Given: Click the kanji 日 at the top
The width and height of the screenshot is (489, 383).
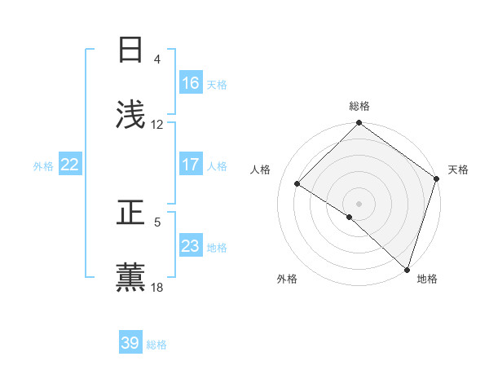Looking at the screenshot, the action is click(131, 51).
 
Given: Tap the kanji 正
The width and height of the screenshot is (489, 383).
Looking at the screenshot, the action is click(131, 214).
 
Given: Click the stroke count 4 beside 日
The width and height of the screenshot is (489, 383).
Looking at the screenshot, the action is click(157, 59).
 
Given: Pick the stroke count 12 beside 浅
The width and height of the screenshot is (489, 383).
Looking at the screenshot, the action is click(157, 125).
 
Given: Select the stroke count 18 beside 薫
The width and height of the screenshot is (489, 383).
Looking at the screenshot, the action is click(157, 287).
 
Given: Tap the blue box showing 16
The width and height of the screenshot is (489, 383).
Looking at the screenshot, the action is click(191, 83).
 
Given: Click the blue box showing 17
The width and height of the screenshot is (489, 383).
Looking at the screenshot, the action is click(191, 165).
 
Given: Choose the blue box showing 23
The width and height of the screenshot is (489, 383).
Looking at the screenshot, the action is click(191, 246).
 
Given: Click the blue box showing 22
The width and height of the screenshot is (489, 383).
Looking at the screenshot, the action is click(70, 165).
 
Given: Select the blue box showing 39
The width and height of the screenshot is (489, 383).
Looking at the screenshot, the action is click(130, 343).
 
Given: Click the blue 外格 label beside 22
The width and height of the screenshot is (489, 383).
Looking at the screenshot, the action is click(43, 165).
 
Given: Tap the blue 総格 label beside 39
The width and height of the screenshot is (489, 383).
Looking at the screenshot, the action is click(156, 345).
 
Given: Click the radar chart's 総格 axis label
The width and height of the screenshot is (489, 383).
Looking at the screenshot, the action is click(359, 107).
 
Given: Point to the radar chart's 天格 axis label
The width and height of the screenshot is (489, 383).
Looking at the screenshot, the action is click(458, 169).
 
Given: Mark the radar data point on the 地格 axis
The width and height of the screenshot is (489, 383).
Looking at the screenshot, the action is click(407, 269).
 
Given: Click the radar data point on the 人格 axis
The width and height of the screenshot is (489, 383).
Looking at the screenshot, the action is click(297, 183).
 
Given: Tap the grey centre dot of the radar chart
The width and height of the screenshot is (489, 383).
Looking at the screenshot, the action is click(359, 203).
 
